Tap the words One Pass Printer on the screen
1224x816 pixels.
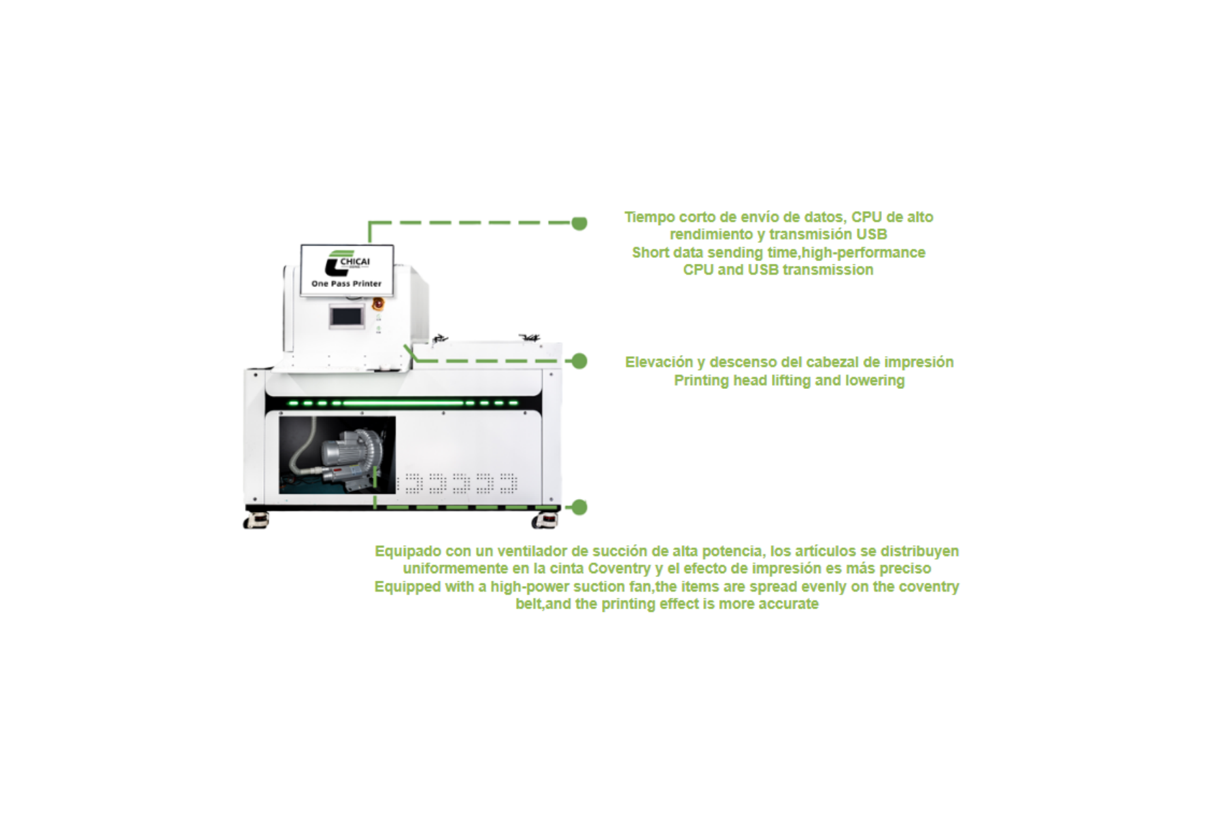347,284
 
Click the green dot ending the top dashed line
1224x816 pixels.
579,223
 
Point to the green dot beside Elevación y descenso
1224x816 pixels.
579,361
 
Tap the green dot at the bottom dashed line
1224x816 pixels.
579,507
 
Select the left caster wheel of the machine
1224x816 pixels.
256,521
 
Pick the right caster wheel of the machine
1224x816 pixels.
545,521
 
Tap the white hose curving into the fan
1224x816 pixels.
303,445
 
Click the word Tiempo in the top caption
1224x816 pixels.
649,218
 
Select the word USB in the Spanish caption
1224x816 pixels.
871,235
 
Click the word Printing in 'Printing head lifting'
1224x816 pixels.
701,381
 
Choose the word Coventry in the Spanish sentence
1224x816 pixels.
619,568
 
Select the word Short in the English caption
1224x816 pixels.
650,253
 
